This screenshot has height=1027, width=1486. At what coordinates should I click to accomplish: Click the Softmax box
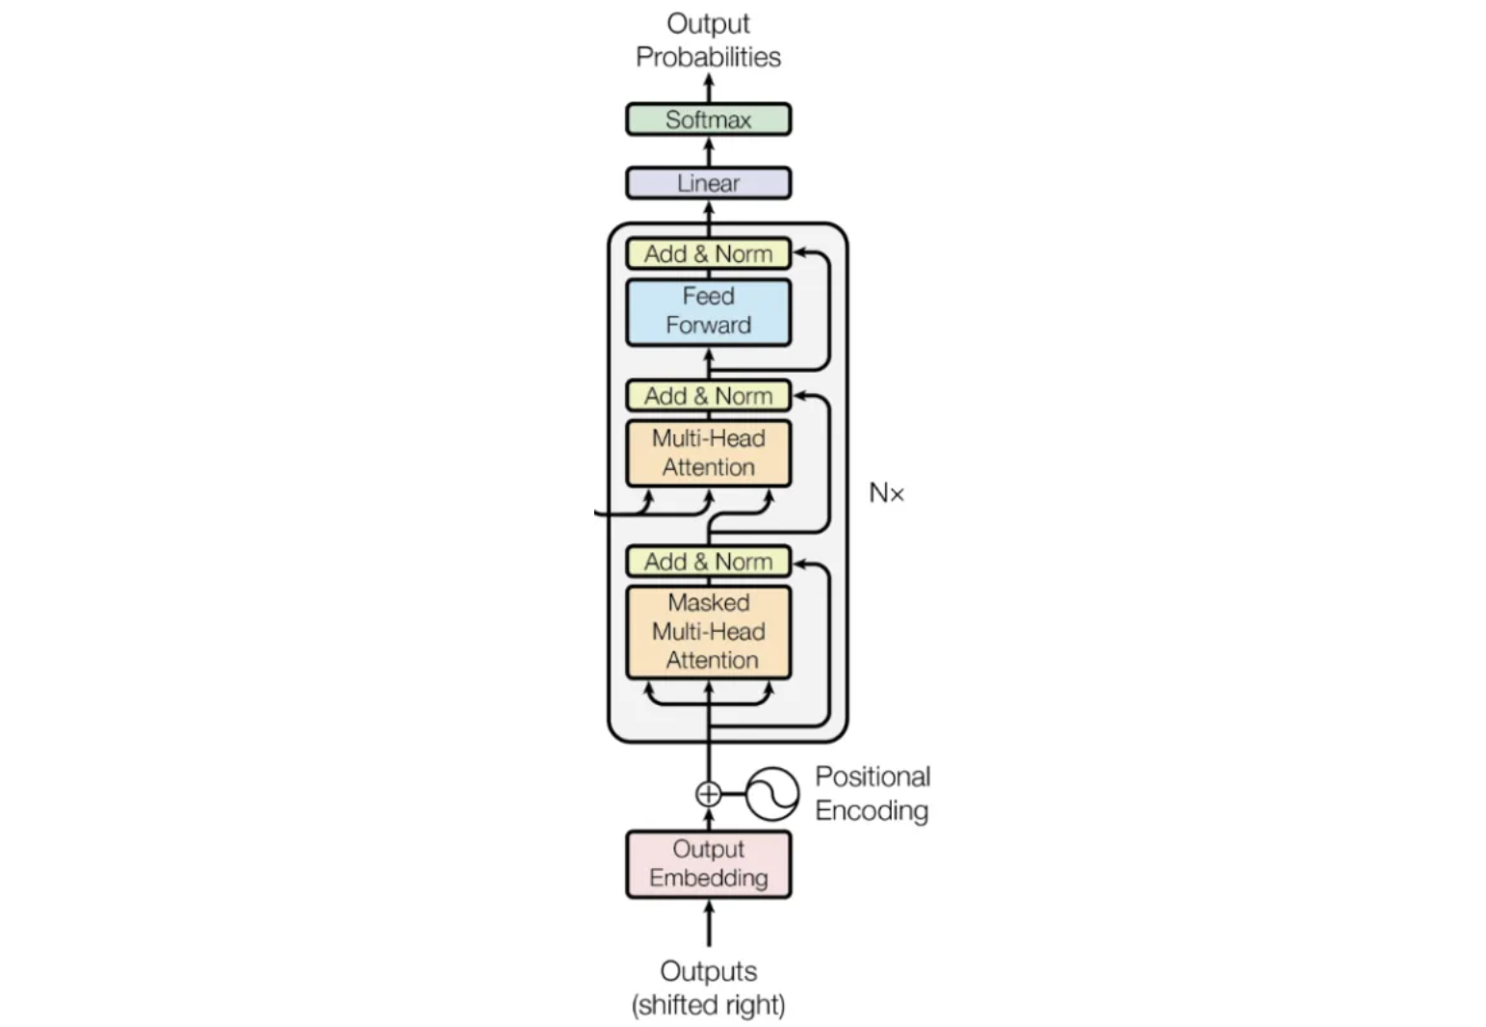[x=708, y=119]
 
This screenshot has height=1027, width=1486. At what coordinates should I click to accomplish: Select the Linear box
[x=708, y=183]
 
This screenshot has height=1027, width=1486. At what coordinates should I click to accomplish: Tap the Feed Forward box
[x=708, y=311]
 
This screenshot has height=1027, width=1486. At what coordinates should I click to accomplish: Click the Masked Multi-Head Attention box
[x=708, y=632]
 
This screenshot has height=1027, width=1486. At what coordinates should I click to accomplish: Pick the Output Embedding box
[x=708, y=864]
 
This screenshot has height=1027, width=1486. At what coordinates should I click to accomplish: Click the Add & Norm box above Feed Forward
[x=708, y=253]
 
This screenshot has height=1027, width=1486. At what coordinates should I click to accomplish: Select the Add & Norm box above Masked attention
[x=708, y=562]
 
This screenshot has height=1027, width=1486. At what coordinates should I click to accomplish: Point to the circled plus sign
[x=708, y=794]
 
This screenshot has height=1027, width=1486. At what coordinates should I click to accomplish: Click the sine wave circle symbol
[x=772, y=794]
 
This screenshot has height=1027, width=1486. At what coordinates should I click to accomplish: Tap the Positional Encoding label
[x=872, y=794]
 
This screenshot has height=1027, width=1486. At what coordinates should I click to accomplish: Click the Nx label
[x=886, y=493]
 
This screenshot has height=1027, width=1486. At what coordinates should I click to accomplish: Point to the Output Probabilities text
[x=708, y=40]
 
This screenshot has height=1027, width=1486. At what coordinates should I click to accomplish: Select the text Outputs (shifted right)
[x=708, y=987]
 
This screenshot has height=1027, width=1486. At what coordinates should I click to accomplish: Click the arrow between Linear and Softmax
[x=709, y=151]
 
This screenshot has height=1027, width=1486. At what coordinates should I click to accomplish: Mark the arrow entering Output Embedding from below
[x=709, y=922]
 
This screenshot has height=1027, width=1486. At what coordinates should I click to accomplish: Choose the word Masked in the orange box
[x=709, y=603]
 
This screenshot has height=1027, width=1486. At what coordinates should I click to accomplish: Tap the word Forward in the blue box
[x=708, y=326]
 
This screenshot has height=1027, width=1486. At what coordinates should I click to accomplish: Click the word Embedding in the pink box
[x=708, y=879]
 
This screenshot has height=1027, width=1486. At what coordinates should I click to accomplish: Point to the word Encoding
[x=872, y=811]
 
